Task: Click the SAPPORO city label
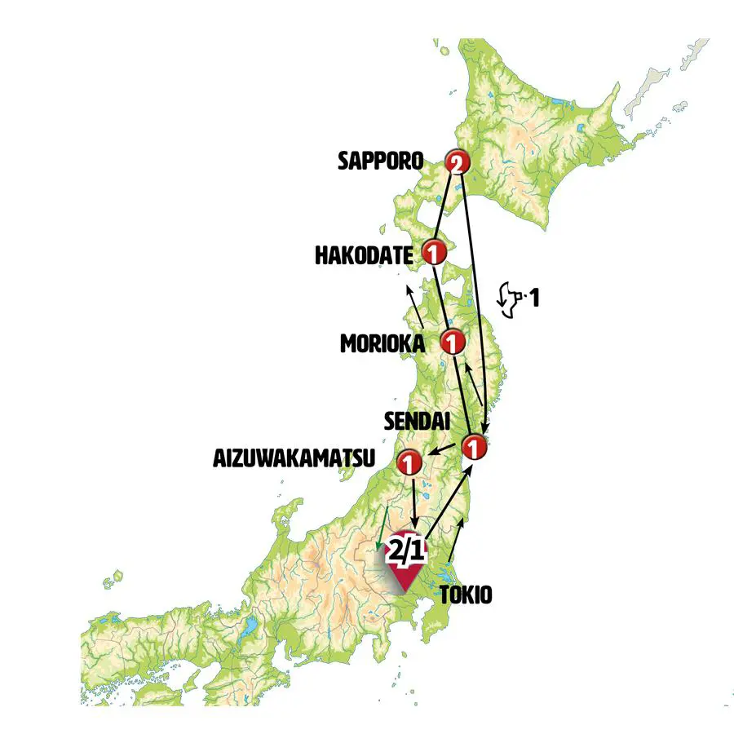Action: tap(380, 161)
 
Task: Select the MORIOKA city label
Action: tap(382, 344)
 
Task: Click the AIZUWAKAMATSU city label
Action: tap(294, 458)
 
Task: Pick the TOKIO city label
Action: tap(466, 595)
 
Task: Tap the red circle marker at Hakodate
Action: tap(433, 251)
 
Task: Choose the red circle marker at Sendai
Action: tap(474, 447)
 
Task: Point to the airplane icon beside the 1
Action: tap(509, 299)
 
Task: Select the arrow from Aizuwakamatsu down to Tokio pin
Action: tap(415, 504)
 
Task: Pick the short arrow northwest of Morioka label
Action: tap(414, 306)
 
